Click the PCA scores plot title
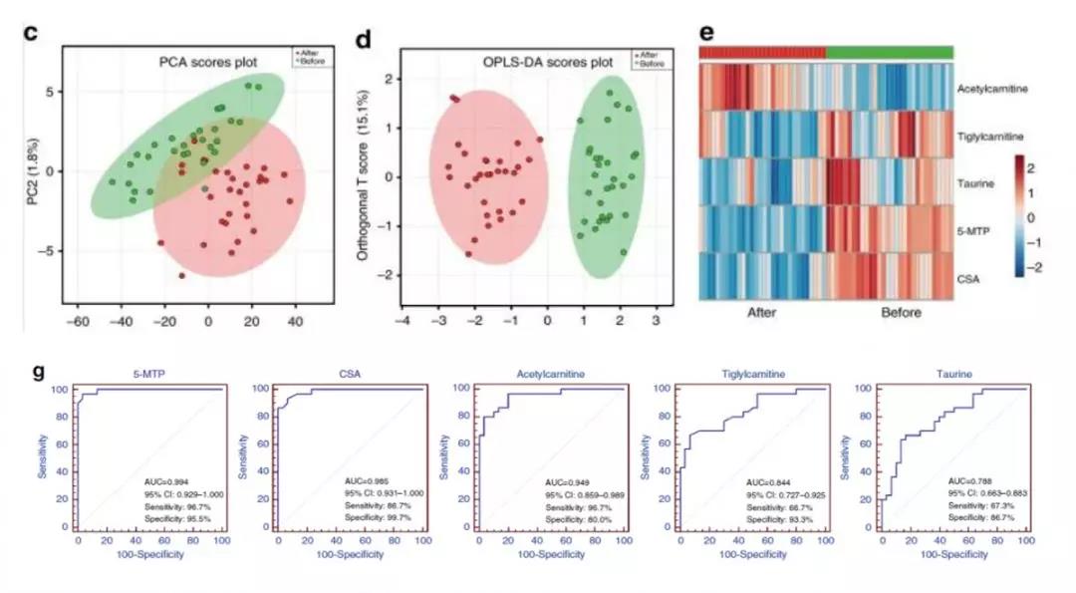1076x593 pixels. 209,63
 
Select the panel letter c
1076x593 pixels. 31,31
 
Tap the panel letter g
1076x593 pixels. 38,371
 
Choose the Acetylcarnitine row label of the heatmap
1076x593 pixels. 993,89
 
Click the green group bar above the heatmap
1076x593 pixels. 890,52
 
